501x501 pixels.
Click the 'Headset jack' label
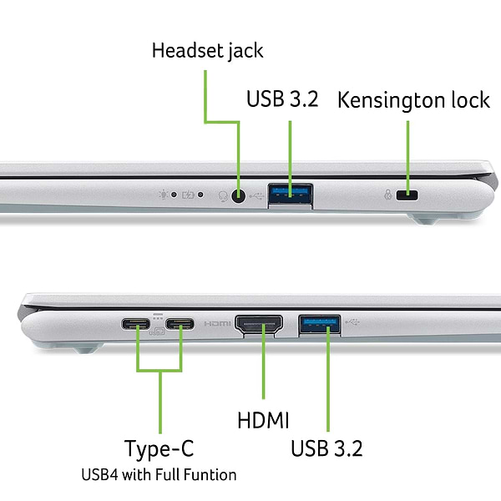tap(207, 51)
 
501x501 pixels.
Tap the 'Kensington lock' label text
tap(413, 101)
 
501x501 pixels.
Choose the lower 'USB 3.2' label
tap(326, 448)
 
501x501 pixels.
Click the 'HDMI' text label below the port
tap(263, 420)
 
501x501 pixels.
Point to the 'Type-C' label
tap(159, 448)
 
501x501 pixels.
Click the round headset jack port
tap(240, 196)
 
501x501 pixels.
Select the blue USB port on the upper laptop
tap(290, 195)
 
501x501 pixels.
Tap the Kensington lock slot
tap(408, 196)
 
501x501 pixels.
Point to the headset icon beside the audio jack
tap(223, 196)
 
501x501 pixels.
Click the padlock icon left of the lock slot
tap(387, 196)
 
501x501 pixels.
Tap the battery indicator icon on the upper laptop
tap(190, 196)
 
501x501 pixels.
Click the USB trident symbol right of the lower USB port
tap(355, 321)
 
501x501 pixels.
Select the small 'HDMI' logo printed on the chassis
tap(217, 324)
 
